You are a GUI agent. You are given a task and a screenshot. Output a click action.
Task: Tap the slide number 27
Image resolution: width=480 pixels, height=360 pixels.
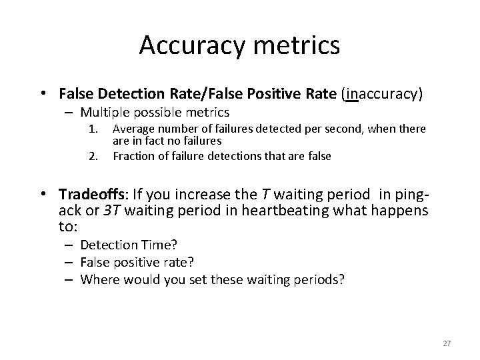[447, 343]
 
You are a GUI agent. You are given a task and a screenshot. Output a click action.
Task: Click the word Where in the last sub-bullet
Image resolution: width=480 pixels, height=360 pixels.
[97, 279]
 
